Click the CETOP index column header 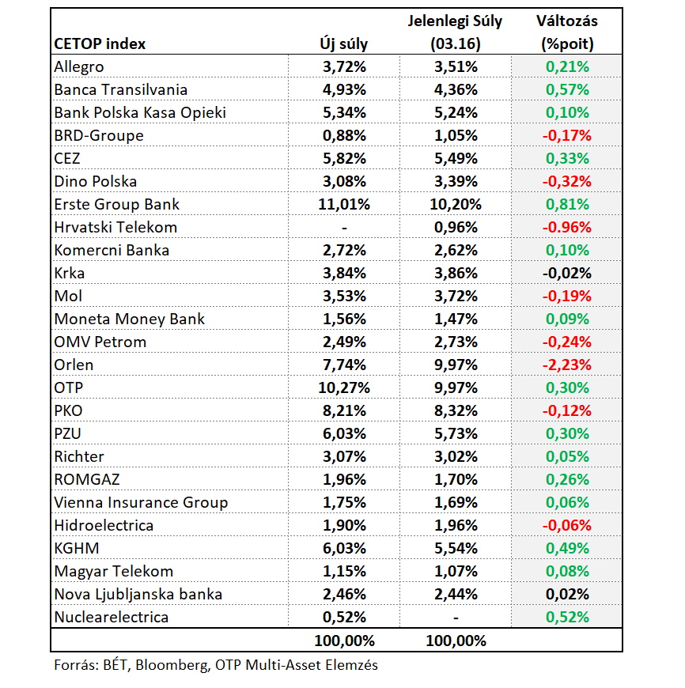pos(100,43)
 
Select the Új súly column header pos(343,43)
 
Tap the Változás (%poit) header pos(567,32)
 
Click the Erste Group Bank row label pos(117,205)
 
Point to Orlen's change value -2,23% pos(567,365)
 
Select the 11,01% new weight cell pos(344,205)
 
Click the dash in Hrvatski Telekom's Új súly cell pos(344,228)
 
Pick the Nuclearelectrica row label pos(112,618)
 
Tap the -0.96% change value pos(567,227)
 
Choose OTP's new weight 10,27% pos(344,387)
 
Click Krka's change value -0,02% pos(567,274)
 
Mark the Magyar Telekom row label pos(114,571)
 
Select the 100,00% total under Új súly pos(344,641)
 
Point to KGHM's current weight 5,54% pos(456,549)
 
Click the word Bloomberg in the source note pos(171,665)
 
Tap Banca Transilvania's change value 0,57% pos(567,90)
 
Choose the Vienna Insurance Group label pos(141,502)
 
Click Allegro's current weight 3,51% pos(456,67)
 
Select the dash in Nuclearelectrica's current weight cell pos(456,618)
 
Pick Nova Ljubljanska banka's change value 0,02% pos(567,595)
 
